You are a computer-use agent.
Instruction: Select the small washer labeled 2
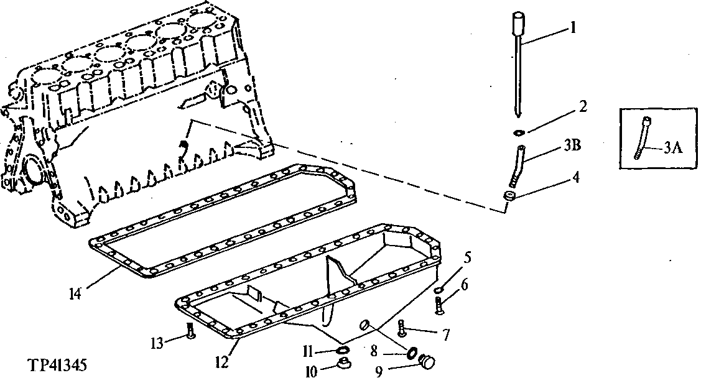pyautogui.click(x=518, y=132)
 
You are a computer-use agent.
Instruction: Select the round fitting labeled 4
pyautogui.click(x=510, y=197)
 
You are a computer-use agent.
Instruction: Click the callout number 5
pyautogui.click(x=466, y=256)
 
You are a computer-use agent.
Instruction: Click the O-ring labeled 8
pyautogui.click(x=411, y=353)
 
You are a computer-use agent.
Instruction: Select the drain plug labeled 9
pyautogui.click(x=427, y=361)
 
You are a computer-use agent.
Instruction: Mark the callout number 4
pyautogui.click(x=576, y=177)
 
